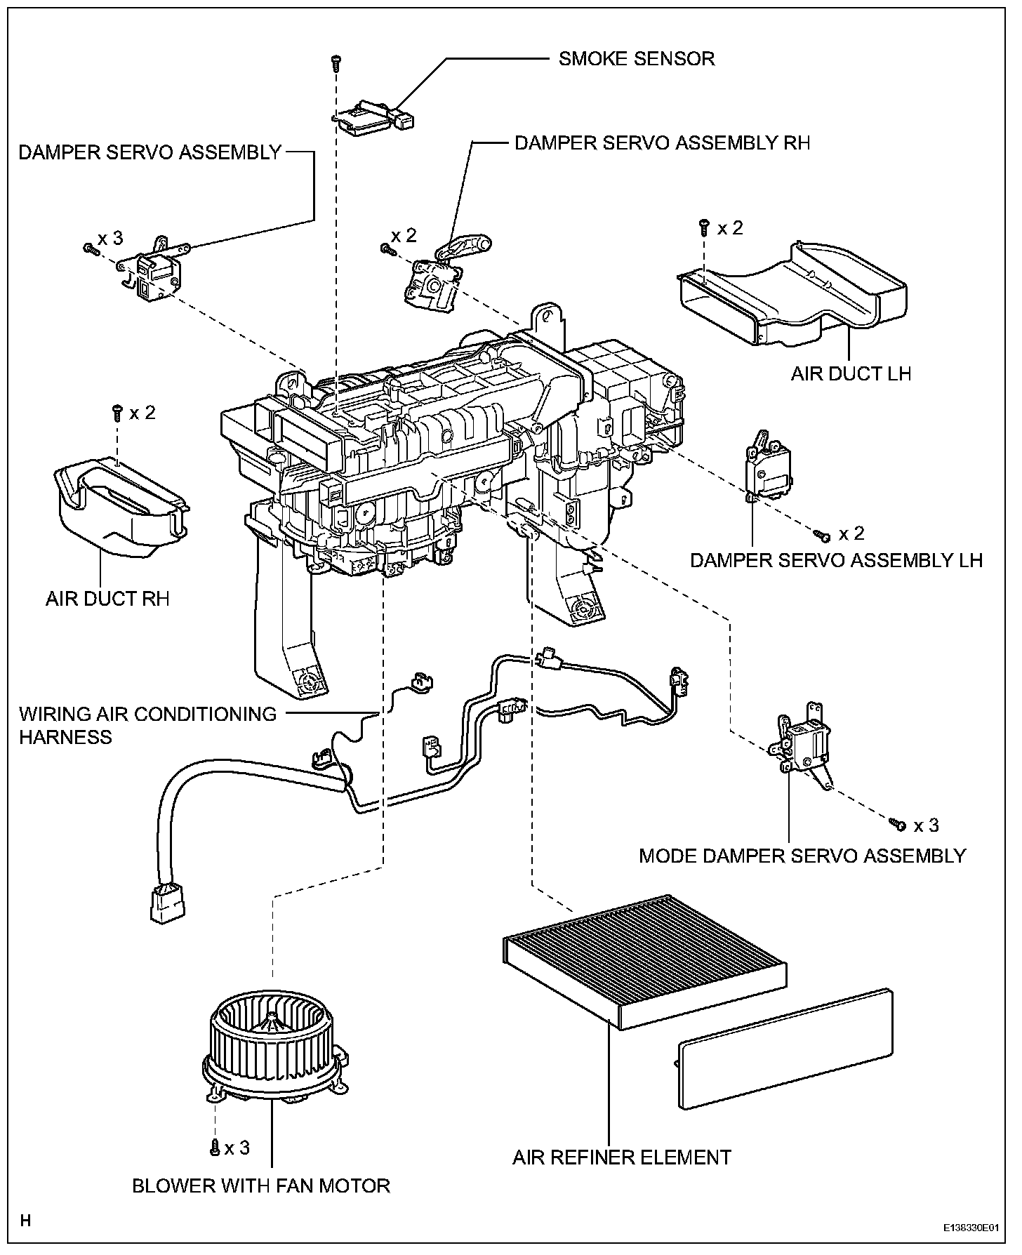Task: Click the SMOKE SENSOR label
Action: pos(637,58)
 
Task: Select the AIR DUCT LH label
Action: pos(851,373)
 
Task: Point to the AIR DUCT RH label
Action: pos(107,599)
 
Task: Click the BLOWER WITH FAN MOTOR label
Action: pos(261,1186)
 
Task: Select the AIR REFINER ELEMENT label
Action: pos(622,1157)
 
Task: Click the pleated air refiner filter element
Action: pos(644,962)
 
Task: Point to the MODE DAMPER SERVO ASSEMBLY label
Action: pos(803,856)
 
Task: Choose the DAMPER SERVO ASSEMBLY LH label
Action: pos(837,559)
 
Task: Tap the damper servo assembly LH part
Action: pos(767,468)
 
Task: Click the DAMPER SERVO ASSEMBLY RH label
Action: pos(663,142)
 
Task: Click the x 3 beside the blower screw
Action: pos(237,1148)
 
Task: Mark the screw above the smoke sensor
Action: pos(336,63)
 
